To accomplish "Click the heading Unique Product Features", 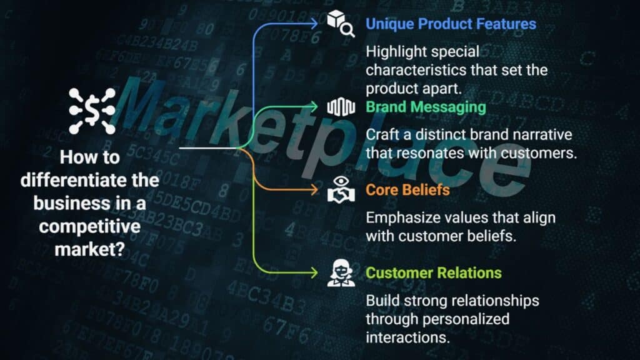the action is (x=451, y=24).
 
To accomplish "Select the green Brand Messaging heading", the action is (x=426, y=107).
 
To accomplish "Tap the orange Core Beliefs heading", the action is (x=407, y=190).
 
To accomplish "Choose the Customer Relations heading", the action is (x=434, y=272).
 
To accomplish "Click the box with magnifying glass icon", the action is (x=341, y=24).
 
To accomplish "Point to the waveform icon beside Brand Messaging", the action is (x=341, y=107).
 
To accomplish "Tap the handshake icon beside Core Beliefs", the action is (x=341, y=189).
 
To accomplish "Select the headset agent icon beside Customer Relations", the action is (x=341, y=272).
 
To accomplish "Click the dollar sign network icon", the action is (x=92, y=111).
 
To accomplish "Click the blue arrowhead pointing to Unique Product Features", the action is (x=314, y=24).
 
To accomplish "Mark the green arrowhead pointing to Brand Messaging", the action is (x=314, y=107).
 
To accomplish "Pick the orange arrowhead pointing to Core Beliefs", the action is (x=314, y=190).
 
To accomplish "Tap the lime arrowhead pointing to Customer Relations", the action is (x=314, y=272).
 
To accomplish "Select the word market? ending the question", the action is (x=90, y=249).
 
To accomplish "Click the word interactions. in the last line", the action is (x=407, y=337).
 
